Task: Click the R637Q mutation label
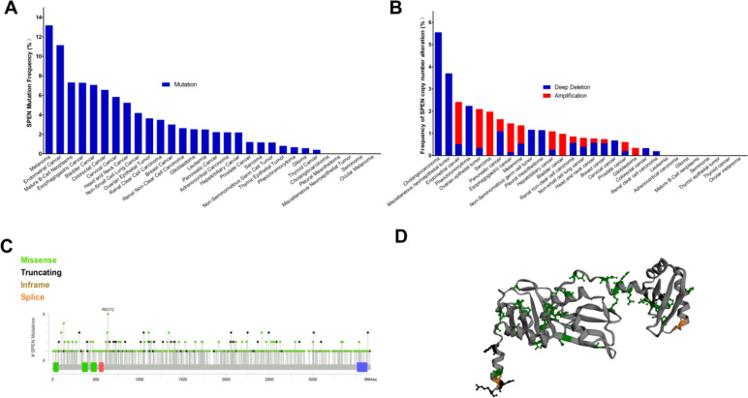pyautogui.click(x=108, y=311)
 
